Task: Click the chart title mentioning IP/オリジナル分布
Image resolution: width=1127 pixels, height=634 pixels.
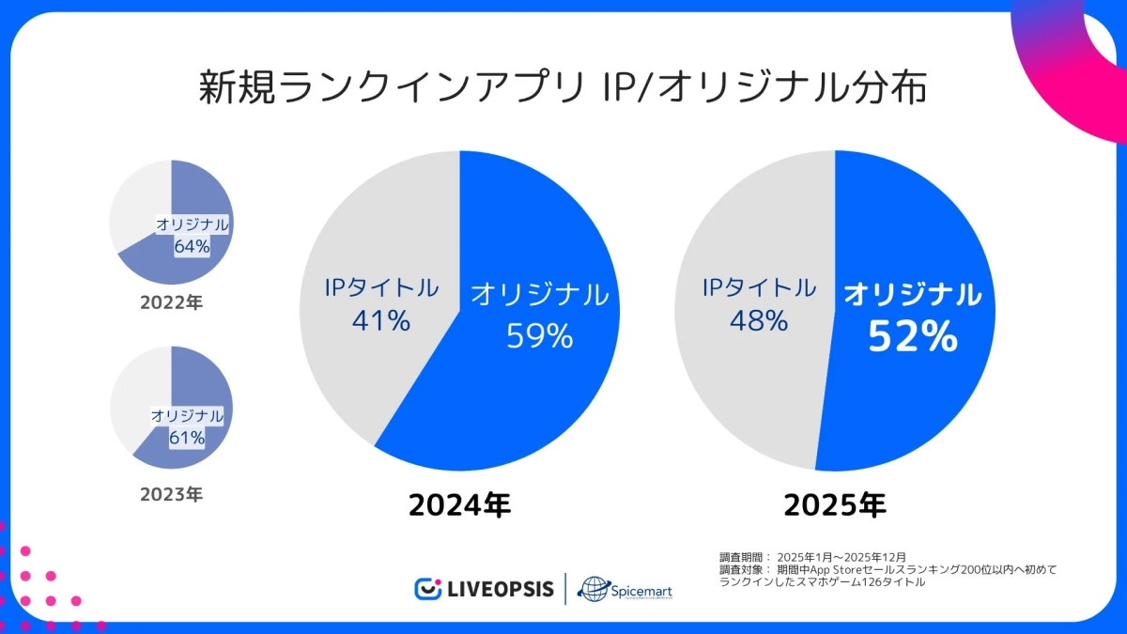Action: (563, 89)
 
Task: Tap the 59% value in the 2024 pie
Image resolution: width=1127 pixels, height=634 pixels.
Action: (539, 335)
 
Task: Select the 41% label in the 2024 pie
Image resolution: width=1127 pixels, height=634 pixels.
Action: (381, 320)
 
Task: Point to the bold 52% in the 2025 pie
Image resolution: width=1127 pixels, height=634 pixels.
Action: (912, 336)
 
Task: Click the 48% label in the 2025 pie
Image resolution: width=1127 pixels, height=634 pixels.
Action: (759, 320)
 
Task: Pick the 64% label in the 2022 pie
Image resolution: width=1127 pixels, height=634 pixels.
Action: (192, 246)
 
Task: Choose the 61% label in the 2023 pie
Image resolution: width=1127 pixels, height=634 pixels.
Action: (188, 437)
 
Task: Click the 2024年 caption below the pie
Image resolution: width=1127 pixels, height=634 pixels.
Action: (459, 505)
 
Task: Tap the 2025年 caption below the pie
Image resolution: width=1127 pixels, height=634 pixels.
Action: (835, 505)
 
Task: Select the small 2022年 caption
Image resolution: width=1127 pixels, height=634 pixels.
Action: (171, 303)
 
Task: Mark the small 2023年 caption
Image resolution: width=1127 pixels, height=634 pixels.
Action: (171, 493)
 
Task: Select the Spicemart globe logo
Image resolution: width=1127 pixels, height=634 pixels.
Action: (594, 589)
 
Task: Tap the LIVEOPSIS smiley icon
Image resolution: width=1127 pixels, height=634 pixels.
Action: (428, 589)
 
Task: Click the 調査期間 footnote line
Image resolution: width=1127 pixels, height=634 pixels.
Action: (812, 557)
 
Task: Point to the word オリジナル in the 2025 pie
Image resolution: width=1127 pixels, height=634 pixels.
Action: (912, 294)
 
